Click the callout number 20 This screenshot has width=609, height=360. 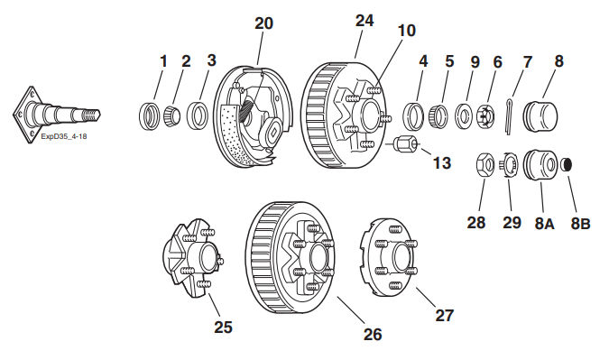coord(263,23)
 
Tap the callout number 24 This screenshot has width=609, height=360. coord(364,21)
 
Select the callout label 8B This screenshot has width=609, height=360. coord(580,224)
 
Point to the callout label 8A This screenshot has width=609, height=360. coord(545,224)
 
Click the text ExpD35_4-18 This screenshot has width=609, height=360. coord(64,137)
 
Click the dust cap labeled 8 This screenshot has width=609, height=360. coord(540,115)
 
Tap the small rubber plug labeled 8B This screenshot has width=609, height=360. coord(567,165)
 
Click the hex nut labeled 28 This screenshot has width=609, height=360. coord(485,164)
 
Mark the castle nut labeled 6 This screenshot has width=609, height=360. coord(485,115)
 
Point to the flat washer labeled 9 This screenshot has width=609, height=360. coord(463,115)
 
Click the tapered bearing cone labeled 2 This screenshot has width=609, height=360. coord(171,115)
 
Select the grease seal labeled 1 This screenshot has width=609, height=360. coord(149,115)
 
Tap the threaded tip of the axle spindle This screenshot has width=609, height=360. coord(92,114)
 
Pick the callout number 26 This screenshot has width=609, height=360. coord(373,334)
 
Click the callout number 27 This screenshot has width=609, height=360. coord(444,316)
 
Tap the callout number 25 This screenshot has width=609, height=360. coord(223,327)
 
